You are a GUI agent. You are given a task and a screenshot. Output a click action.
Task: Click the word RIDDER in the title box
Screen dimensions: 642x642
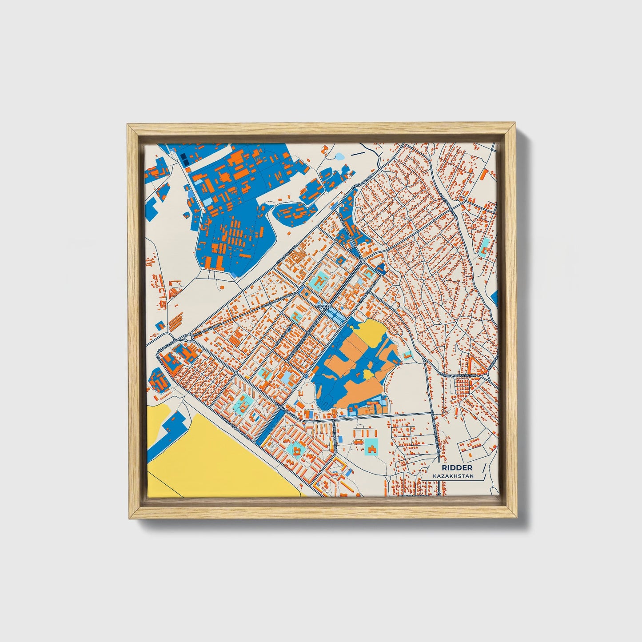457,468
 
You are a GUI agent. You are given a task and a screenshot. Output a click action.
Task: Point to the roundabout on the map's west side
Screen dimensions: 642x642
189,338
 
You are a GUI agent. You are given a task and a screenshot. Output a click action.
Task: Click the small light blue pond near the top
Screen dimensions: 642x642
340,156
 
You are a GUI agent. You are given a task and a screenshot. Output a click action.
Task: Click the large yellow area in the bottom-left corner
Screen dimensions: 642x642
222,462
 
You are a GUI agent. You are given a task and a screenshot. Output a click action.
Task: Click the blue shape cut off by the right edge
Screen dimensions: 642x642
495,297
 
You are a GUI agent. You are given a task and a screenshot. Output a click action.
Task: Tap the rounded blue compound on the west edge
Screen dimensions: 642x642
156,380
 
